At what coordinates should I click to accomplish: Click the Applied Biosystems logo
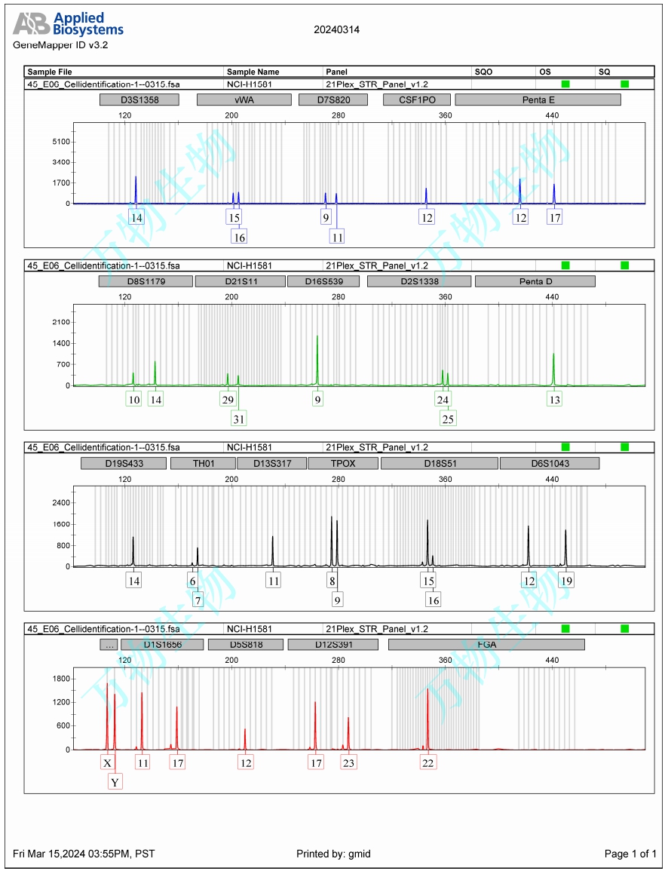click(x=68, y=24)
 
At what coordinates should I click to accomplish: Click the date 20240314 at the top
click(x=336, y=30)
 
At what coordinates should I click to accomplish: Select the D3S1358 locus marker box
click(x=139, y=100)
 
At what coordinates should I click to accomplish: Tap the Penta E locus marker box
click(x=538, y=100)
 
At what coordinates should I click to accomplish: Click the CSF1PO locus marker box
click(x=415, y=100)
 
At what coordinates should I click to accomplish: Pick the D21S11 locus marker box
click(x=239, y=281)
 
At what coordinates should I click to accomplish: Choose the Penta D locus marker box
click(x=535, y=281)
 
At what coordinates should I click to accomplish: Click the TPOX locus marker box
click(x=342, y=463)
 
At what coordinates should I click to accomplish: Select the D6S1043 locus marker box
click(x=550, y=463)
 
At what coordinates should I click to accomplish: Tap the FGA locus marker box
click(x=486, y=645)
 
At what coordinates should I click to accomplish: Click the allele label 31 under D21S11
click(x=240, y=418)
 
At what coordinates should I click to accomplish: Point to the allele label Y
click(x=115, y=782)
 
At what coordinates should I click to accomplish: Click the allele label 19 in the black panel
click(x=566, y=581)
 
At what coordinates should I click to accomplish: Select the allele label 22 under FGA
click(x=428, y=762)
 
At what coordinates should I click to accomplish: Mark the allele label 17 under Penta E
click(x=555, y=217)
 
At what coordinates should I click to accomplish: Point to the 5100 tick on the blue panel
click(x=61, y=142)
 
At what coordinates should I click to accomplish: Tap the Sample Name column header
click(x=253, y=72)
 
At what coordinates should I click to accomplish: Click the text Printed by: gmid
click(x=333, y=854)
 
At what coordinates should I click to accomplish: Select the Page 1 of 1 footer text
click(x=630, y=854)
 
